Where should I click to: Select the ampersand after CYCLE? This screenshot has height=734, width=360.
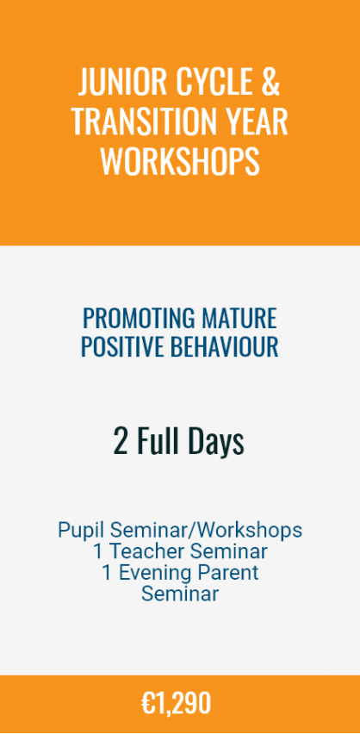point(270,82)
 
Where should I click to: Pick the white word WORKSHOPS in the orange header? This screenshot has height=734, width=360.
point(180,161)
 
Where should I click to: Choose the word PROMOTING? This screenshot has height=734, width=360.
point(139,319)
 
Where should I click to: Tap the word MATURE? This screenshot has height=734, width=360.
point(239,319)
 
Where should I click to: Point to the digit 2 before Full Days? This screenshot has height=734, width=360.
point(121,442)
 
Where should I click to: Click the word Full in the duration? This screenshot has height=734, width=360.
point(158,442)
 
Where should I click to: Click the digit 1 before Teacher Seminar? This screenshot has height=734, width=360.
point(98,551)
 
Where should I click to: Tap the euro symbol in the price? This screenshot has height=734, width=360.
point(148,703)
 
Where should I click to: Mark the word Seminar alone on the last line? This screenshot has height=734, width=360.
point(180,594)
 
